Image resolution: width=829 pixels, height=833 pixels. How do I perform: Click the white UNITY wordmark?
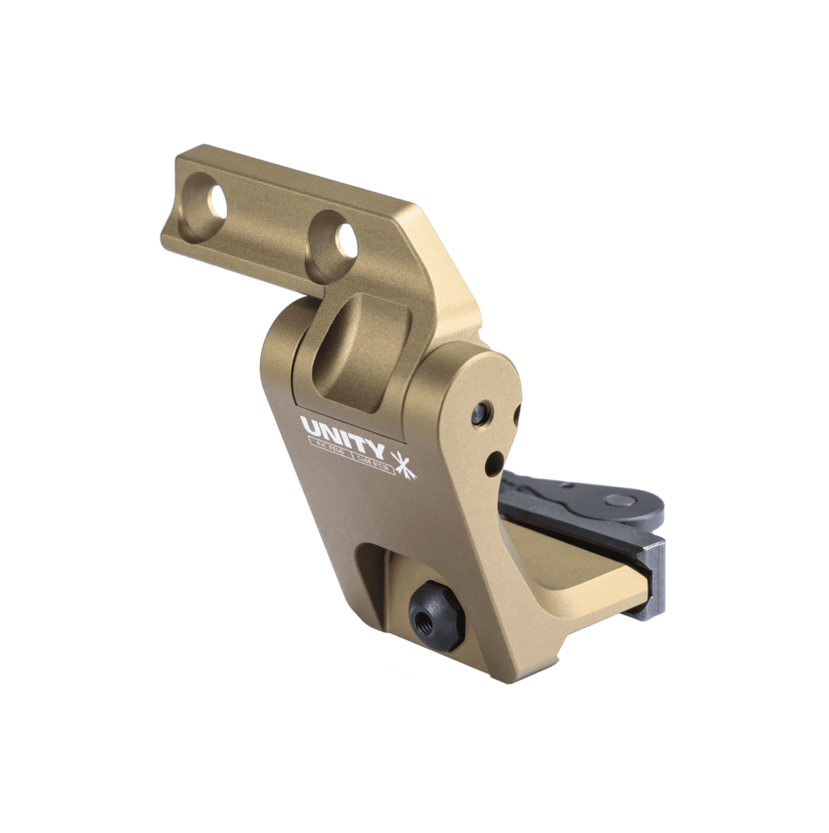coord(342,430)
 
